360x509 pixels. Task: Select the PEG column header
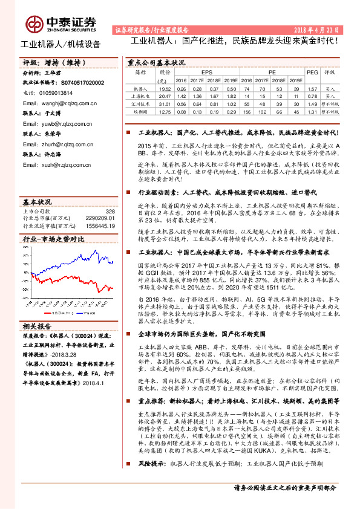312,72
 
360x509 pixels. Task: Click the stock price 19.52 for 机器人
160,88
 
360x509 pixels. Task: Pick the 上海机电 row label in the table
140,96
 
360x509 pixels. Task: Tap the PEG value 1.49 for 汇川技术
312,103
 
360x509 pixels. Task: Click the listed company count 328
110,211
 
